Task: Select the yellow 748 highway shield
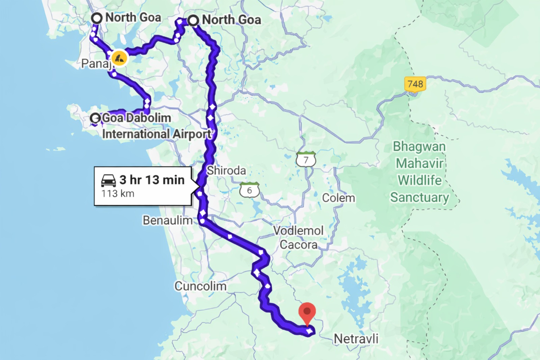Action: click(415, 84)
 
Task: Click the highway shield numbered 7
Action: click(306, 159)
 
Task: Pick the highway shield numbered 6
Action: click(249, 190)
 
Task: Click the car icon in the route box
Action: click(108, 181)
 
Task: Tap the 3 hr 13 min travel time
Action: click(152, 180)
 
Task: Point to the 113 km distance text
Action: click(118, 194)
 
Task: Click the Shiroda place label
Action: click(226, 171)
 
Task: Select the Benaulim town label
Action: click(167, 221)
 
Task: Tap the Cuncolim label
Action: click(200, 286)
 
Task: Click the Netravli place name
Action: click(356, 338)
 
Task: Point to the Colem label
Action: click(339, 198)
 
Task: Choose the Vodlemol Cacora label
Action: click(298, 237)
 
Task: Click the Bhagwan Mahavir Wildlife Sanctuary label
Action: click(420, 172)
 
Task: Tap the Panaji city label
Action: click(96, 63)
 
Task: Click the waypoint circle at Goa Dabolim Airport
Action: click(96, 118)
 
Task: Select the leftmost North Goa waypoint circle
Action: click(97, 18)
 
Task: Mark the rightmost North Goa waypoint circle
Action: click(193, 21)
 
